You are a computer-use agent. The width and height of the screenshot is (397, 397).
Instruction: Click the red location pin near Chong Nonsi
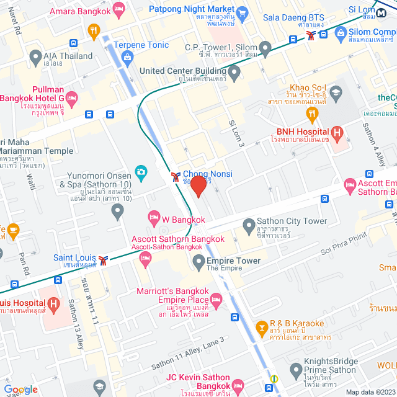tap(198, 186)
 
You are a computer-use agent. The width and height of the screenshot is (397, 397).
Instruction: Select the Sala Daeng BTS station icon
tap(310, 36)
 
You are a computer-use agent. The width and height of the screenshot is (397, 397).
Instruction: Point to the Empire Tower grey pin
tap(198, 263)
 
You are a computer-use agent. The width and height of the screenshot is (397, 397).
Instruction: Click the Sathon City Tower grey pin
tap(249, 224)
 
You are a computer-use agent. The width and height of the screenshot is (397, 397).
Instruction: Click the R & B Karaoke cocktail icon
tap(262, 326)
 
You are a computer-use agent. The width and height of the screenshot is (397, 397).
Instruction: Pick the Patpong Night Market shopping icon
tap(242, 12)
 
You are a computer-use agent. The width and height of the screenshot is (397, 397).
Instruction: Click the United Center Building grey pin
tap(234, 74)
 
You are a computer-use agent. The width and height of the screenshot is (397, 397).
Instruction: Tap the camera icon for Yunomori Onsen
tap(141, 172)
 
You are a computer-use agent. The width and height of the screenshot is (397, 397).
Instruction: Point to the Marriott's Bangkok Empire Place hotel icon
tap(216, 301)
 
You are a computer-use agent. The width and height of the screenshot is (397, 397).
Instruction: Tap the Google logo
tap(20, 389)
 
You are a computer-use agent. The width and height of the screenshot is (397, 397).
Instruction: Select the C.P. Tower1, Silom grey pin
tap(265, 47)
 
